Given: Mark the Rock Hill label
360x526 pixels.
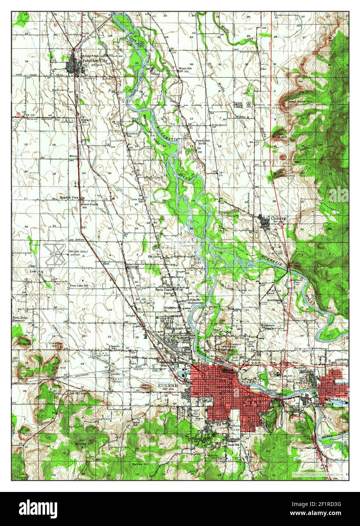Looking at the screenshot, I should pos(280,137).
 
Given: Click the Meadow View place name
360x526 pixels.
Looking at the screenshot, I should pos(69,198).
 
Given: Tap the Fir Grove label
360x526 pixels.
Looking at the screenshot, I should pos(155,257).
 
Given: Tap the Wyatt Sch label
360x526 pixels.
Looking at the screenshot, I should pos(185,68).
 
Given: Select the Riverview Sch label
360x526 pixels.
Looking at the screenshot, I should pos(132,135).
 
